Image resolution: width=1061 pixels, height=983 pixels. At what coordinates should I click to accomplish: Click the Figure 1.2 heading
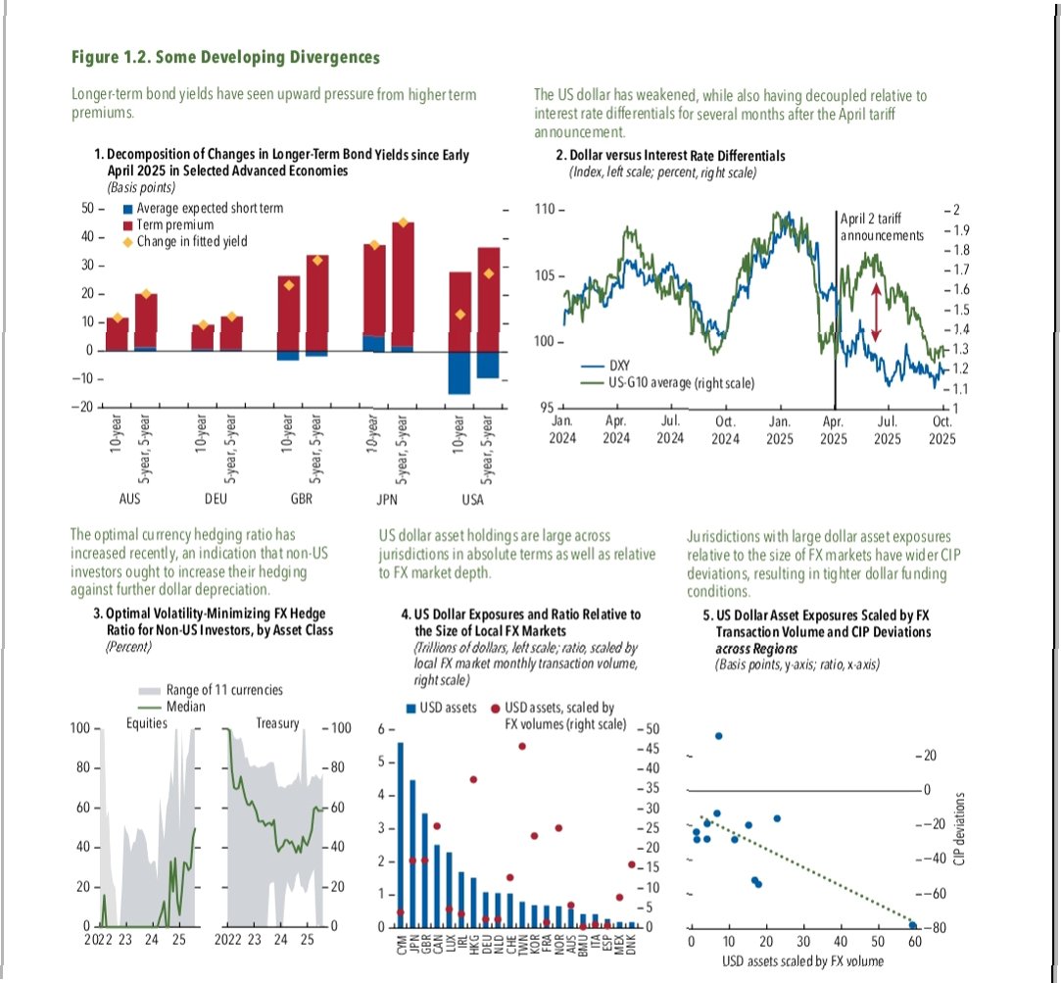(x=225, y=57)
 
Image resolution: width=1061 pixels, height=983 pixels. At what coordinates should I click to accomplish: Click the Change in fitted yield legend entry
(x=192, y=241)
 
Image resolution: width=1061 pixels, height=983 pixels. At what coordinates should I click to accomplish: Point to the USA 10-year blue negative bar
(x=460, y=372)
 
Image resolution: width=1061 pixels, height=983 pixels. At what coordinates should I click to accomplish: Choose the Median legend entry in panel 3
(x=185, y=705)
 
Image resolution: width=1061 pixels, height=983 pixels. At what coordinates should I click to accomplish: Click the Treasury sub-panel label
(x=276, y=723)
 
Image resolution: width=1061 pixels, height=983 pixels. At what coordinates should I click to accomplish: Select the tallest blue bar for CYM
(x=400, y=834)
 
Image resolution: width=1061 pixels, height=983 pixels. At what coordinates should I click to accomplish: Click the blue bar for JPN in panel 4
(x=412, y=853)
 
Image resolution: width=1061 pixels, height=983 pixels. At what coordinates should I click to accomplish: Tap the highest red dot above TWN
(x=522, y=746)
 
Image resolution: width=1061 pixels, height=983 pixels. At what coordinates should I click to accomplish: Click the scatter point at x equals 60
(x=913, y=925)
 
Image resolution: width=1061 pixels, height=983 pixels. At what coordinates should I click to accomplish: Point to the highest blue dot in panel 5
(x=718, y=736)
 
